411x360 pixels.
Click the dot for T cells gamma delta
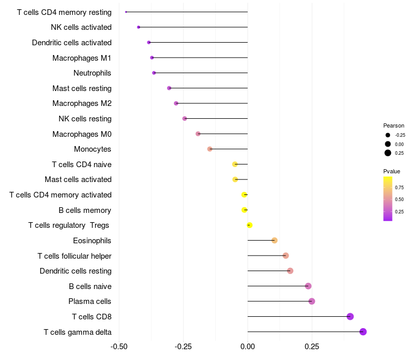[x=363, y=332]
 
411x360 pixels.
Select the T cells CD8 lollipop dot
[x=350, y=316]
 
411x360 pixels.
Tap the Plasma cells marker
[x=311, y=301]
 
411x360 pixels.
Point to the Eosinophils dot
[x=274, y=240]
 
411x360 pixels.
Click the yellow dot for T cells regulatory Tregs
[x=250, y=225]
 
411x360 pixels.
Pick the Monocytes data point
[x=210, y=149]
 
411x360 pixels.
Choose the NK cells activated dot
[x=139, y=27]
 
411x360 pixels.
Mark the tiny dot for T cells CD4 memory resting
[x=126, y=12]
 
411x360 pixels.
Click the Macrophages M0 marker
[x=198, y=134]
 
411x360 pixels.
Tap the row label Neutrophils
[x=92, y=73]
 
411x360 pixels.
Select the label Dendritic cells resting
[x=76, y=271]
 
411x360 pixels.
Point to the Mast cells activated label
[x=78, y=179]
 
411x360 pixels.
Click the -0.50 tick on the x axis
[x=119, y=347]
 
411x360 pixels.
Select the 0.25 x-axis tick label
[x=312, y=347]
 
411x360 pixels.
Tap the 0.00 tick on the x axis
[x=248, y=347]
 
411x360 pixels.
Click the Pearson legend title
[x=394, y=125]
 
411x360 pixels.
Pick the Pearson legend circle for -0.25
[x=388, y=135]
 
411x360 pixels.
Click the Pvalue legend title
[x=391, y=171]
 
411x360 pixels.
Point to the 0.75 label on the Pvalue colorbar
[x=399, y=187]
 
